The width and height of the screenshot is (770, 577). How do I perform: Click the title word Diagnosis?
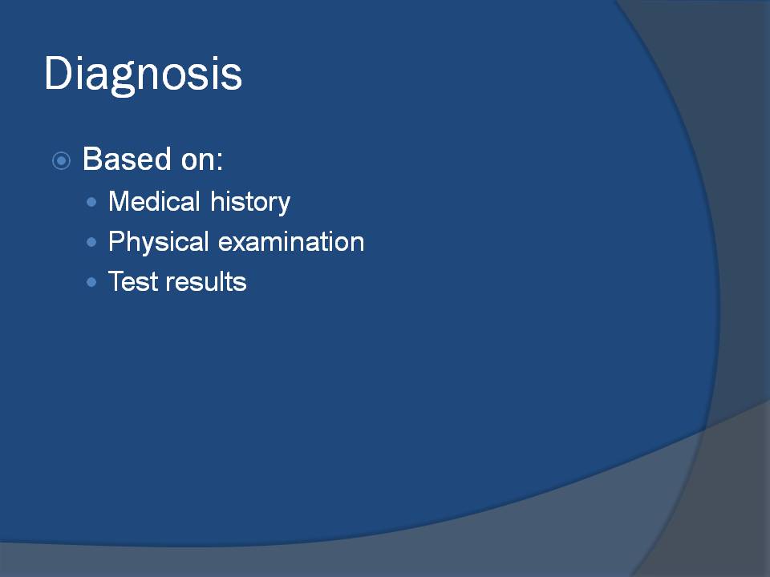(x=143, y=75)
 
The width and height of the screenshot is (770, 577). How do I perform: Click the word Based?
(x=128, y=159)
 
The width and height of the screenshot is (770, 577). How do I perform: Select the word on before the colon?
(x=197, y=162)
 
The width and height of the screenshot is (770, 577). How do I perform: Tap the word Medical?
(x=154, y=201)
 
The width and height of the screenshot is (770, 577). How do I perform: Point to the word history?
(x=250, y=203)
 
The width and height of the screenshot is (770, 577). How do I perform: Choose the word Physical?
(x=159, y=243)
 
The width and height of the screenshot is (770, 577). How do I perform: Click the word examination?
(x=291, y=242)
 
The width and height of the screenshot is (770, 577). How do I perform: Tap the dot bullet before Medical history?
(x=91, y=202)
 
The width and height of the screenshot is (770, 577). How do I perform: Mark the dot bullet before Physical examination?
(x=91, y=242)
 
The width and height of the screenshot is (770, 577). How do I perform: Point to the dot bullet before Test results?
(x=91, y=281)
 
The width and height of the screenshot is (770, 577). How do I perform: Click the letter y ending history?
(x=284, y=206)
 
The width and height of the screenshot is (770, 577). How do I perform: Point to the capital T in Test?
(x=116, y=281)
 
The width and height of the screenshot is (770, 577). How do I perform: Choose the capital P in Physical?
(x=117, y=241)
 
